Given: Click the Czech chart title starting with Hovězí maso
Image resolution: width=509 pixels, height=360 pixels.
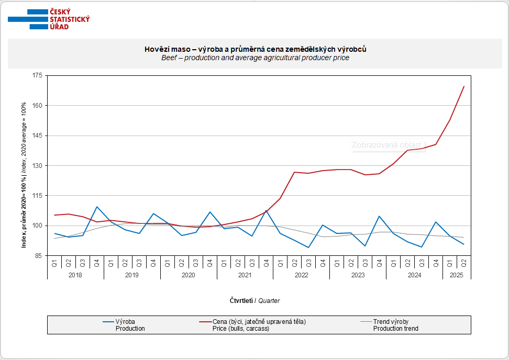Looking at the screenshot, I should (x=255, y=49).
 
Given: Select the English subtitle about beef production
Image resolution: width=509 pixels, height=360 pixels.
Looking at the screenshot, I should (x=255, y=58).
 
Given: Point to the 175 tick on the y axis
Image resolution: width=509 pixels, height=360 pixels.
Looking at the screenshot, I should (x=38, y=76).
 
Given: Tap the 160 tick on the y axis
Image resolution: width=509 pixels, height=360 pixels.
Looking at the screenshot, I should (x=38, y=106).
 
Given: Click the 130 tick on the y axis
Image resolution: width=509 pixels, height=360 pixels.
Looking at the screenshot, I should (x=38, y=166).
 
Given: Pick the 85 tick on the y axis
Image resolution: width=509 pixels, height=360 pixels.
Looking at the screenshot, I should (x=38, y=256).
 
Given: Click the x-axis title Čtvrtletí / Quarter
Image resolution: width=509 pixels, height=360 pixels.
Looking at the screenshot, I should (x=255, y=300).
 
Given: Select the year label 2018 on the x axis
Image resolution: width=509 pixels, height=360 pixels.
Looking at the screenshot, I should (x=75, y=275).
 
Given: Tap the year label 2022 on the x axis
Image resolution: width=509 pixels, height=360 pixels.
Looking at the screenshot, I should (x=301, y=275).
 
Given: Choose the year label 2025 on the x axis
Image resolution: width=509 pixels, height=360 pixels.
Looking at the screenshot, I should (x=457, y=275).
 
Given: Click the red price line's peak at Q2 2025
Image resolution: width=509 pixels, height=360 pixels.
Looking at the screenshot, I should (x=464, y=86).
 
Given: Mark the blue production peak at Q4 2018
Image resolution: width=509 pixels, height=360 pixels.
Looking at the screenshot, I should (x=97, y=207).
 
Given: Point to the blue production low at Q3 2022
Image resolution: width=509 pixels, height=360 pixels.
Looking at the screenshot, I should (x=309, y=248).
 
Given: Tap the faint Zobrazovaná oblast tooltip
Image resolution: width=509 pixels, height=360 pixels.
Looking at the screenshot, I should (x=386, y=145).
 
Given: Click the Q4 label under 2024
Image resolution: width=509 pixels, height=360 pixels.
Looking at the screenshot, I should (x=436, y=263).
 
